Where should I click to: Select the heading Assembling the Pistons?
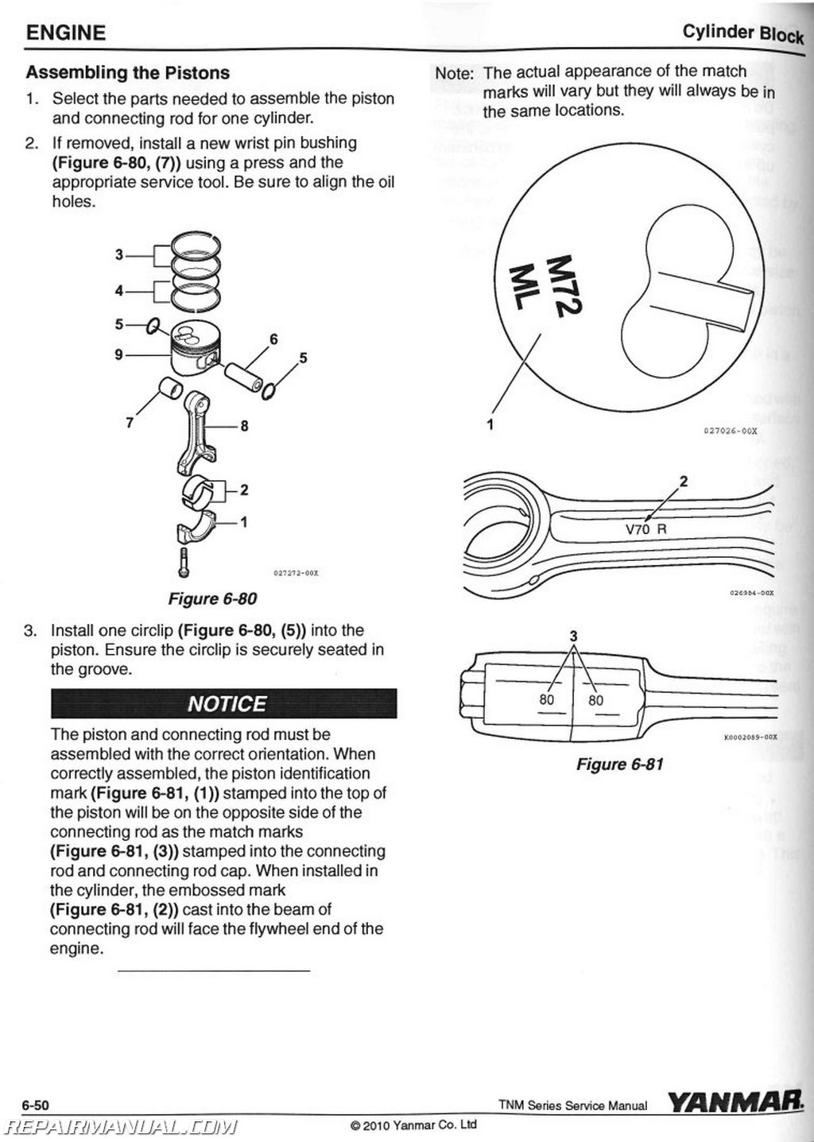point(127,73)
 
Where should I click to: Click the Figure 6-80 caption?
point(211,598)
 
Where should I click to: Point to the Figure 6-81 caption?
point(619,764)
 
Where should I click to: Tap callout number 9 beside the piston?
point(118,354)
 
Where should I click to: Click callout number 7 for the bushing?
point(130,422)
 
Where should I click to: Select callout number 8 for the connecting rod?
point(244,426)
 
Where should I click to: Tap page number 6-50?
point(37,1105)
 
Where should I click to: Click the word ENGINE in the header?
point(65,33)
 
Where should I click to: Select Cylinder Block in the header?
point(742,33)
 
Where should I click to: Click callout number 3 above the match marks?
point(573,635)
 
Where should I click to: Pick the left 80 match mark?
point(546,699)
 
